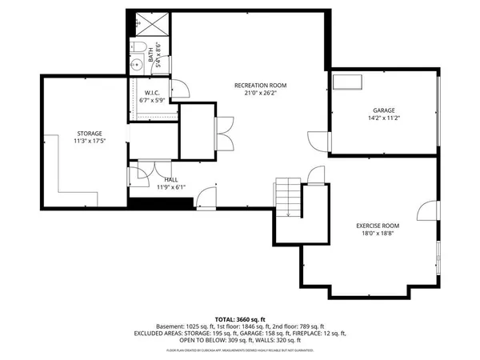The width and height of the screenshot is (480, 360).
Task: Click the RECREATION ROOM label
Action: click(260, 85)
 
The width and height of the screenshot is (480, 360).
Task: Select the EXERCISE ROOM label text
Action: click(378, 226)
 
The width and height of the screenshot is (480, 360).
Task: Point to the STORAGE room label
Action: click(89, 133)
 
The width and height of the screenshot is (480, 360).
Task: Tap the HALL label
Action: click(170, 179)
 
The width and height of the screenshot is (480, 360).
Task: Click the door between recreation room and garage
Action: click(330, 140)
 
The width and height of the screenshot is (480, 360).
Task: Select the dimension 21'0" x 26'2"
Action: click(260, 93)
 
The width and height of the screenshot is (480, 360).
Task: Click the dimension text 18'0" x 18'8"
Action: click(378, 235)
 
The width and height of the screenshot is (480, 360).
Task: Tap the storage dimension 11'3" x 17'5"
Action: click(89, 142)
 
